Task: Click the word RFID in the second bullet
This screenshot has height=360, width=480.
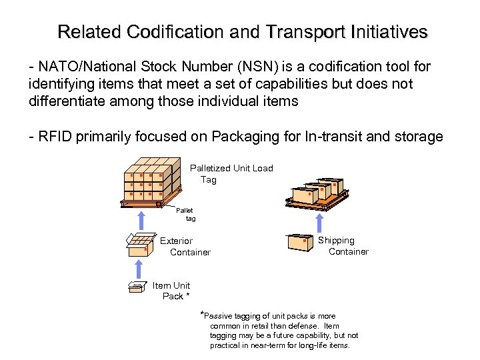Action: point(55,137)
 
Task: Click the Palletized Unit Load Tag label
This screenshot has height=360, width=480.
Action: point(231,174)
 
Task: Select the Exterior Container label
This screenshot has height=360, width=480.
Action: point(184,247)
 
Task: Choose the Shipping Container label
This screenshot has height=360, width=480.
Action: point(343,246)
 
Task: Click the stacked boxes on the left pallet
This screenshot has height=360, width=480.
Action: point(152,179)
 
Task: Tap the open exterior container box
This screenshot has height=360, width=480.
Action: point(139,244)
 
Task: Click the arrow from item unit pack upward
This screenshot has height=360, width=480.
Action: point(138,269)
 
